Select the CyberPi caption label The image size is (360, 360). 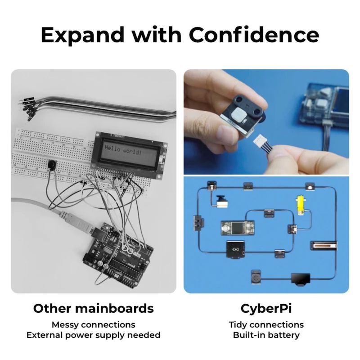[x=266, y=309]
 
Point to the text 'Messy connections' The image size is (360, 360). [x=93, y=324]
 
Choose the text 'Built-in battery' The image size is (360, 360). [x=266, y=335]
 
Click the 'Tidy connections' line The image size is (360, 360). [x=266, y=324]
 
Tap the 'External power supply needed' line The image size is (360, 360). [x=93, y=335]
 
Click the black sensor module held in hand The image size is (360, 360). [x=237, y=113]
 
